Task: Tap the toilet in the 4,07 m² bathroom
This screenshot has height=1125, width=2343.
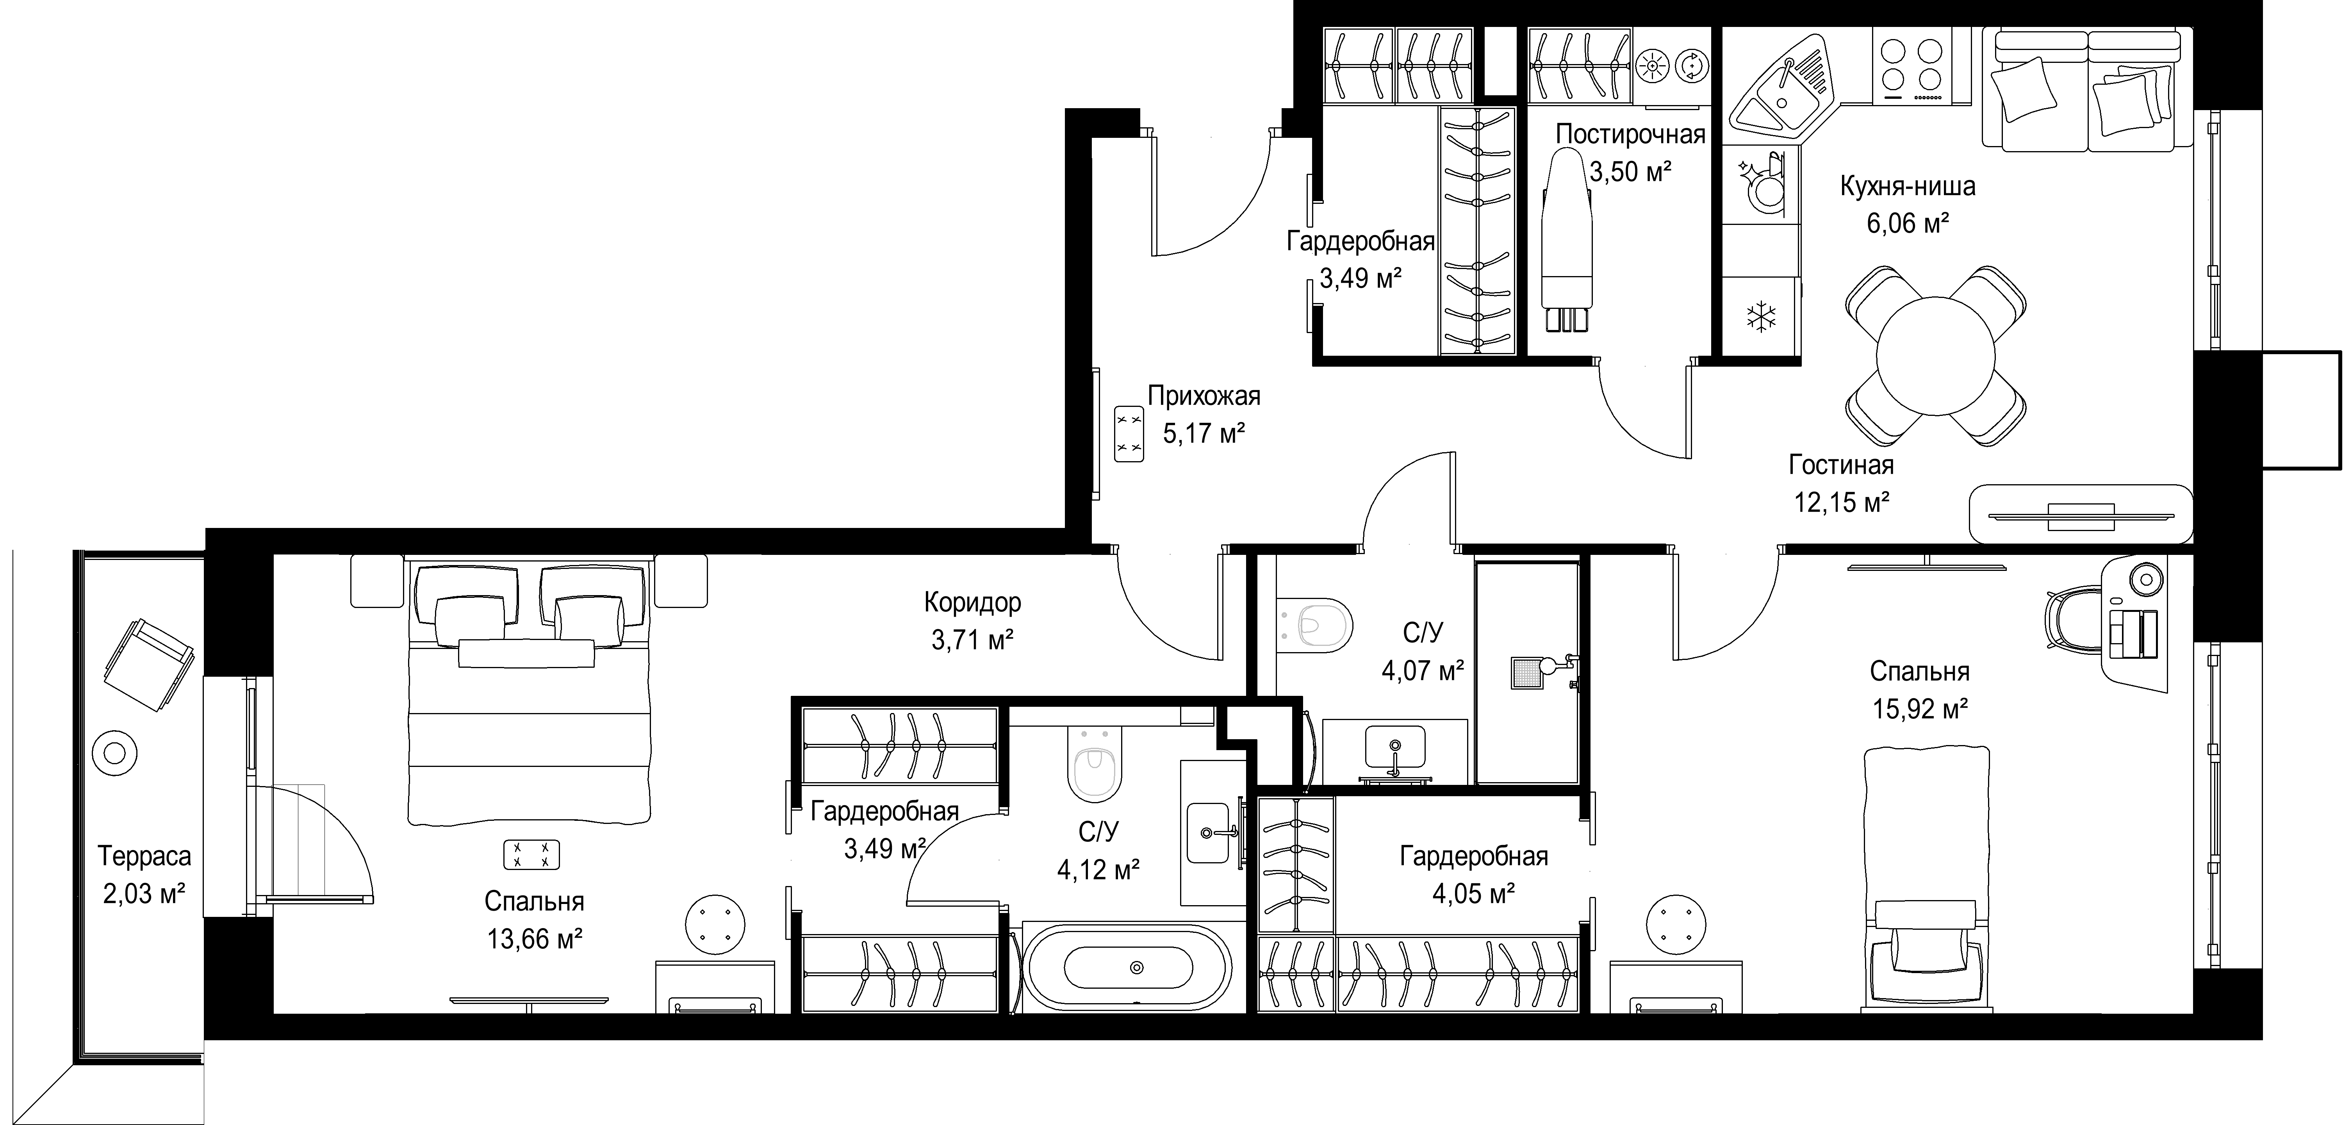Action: pyautogui.click(x=1314, y=626)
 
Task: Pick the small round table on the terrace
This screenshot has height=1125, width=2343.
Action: pyautogui.click(x=116, y=753)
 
